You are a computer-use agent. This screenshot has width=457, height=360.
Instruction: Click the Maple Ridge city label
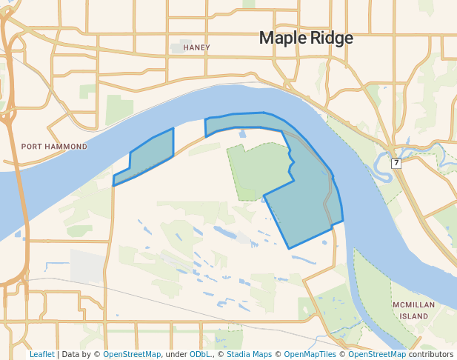point(305,38)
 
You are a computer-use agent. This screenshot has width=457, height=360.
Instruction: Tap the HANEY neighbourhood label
point(196,47)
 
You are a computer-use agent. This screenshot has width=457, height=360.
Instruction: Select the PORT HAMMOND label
point(54,147)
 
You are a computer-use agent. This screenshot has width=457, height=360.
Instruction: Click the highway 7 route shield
point(396,163)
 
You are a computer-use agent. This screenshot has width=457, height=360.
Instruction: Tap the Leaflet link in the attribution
point(41,354)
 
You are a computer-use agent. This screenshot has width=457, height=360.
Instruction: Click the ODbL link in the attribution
point(201,354)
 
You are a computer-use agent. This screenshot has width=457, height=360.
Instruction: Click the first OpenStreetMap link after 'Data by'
point(132,354)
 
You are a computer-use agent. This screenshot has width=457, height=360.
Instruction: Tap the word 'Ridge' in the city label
point(332,38)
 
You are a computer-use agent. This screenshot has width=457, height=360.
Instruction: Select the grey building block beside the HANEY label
point(176,47)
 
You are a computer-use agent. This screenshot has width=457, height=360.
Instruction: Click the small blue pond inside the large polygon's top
point(242,134)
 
